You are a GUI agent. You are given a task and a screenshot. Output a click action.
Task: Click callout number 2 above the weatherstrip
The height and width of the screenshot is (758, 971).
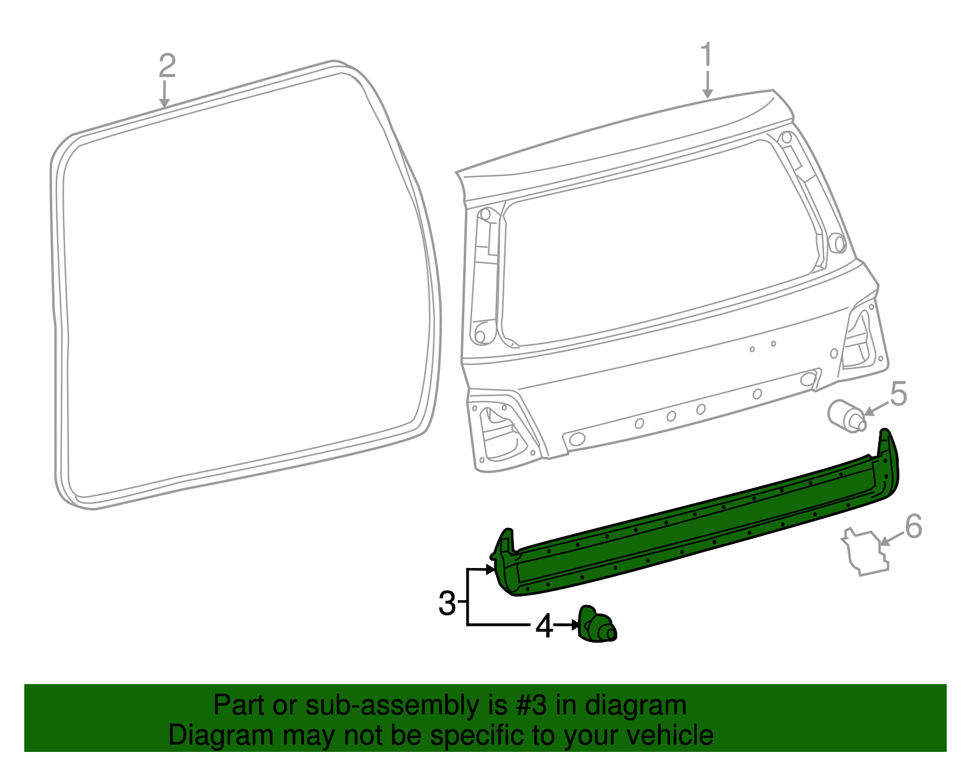(x=167, y=66)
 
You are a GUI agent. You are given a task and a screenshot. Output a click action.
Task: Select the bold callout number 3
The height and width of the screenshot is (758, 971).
(x=447, y=603)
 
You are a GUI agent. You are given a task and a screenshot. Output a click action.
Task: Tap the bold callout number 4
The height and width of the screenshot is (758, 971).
(x=544, y=626)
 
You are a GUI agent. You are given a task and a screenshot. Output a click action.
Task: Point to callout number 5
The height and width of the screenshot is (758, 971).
(x=898, y=394)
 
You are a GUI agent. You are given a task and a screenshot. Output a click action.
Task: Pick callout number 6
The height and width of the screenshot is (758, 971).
(x=913, y=526)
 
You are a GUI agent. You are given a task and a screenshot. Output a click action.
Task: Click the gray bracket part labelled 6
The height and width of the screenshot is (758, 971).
(x=865, y=552)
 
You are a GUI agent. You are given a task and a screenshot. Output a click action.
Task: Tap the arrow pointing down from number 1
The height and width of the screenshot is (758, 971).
(x=707, y=85)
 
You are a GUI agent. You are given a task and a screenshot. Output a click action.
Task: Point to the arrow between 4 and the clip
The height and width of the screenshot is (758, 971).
(x=567, y=624)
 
